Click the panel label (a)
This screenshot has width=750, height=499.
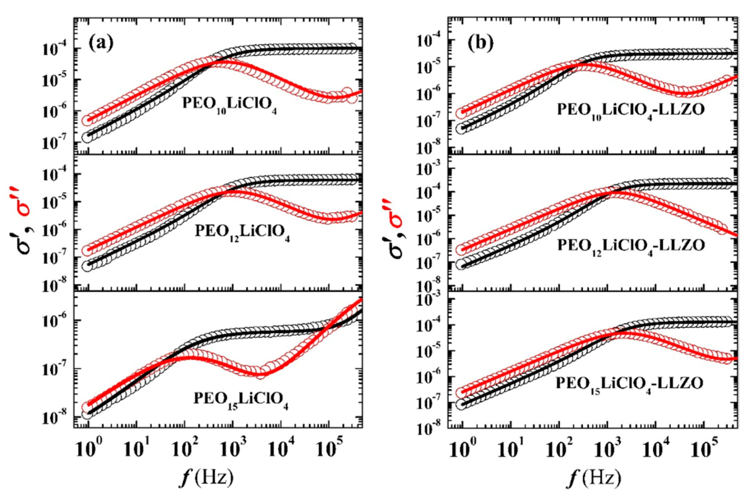pos(101,43)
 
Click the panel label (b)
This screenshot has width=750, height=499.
pos(480,43)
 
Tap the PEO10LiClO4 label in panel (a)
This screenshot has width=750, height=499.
pos(229,105)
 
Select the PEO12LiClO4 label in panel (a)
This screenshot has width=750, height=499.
pos(242,233)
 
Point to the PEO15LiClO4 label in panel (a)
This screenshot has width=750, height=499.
pos(241,400)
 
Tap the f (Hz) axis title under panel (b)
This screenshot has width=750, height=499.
pos(593,477)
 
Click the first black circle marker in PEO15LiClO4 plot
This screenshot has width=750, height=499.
pos(87,414)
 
